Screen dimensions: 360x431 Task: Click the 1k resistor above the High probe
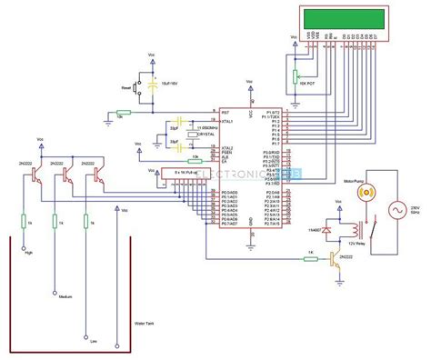coord(29,221)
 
